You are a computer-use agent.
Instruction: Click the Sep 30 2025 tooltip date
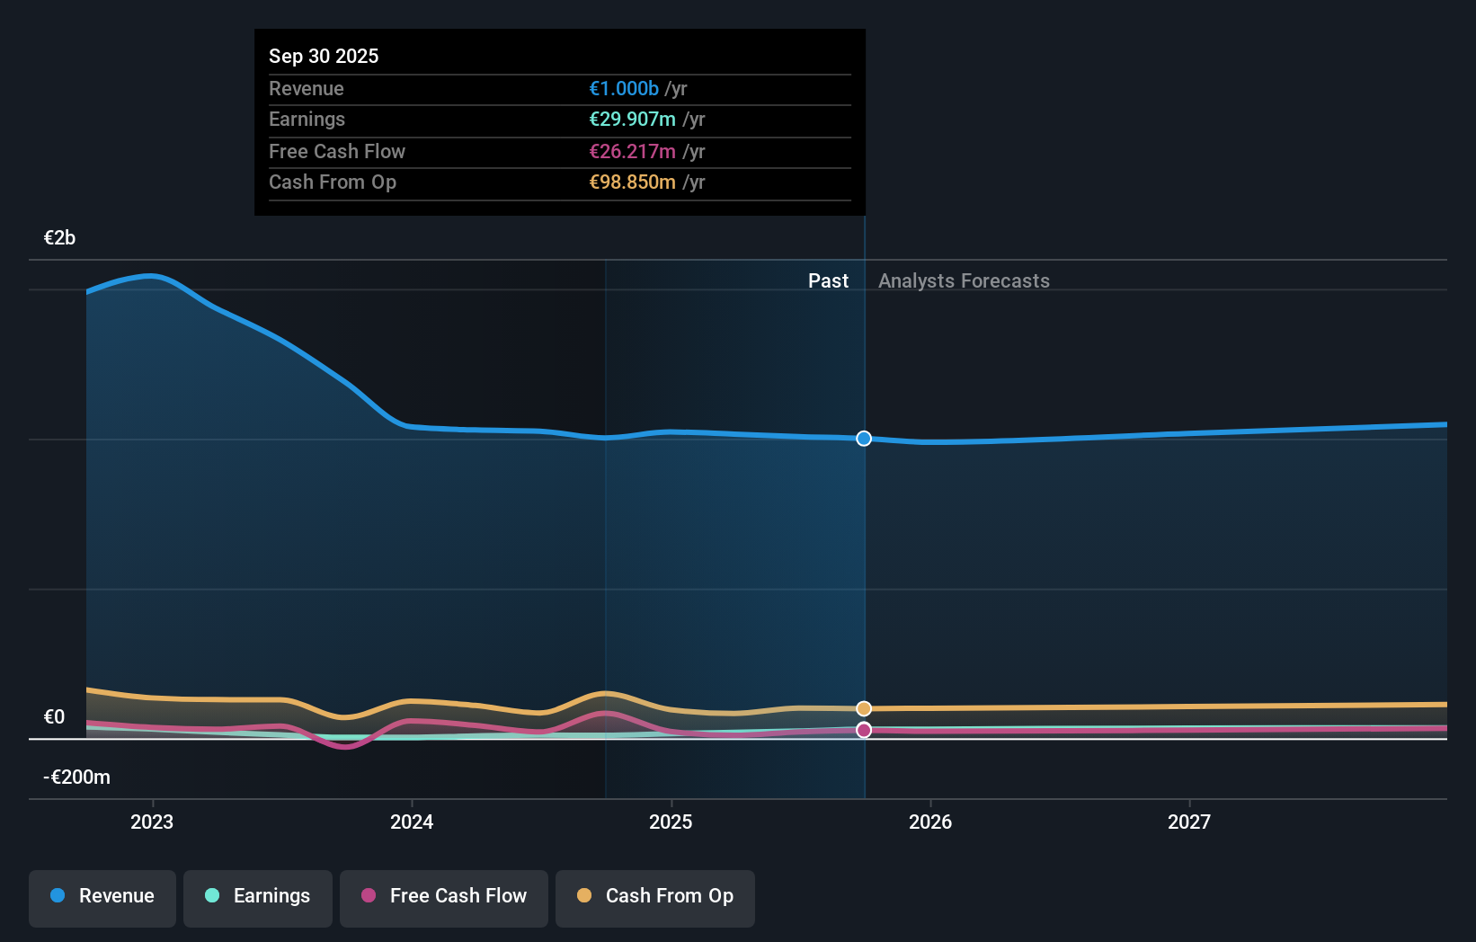[x=324, y=56]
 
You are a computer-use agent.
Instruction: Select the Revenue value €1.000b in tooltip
[x=624, y=88]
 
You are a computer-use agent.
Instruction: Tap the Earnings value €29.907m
[x=632, y=119]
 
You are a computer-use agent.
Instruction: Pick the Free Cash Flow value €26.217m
[x=632, y=151]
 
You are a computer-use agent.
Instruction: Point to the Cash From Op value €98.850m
[x=632, y=182]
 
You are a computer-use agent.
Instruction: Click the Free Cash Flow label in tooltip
[x=337, y=151]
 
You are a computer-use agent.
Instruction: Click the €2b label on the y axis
[x=59, y=237]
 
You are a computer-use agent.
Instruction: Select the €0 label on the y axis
[x=54, y=716]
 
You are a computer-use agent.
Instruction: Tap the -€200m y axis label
[x=77, y=777]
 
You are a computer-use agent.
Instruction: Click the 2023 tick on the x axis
[x=152, y=822]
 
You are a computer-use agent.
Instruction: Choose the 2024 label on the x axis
[x=412, y=822]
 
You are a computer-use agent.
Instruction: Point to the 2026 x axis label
[x=930, y=822]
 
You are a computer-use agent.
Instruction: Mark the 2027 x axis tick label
[x=1189, y=822]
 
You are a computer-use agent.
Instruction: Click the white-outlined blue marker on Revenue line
[x=864, y=439]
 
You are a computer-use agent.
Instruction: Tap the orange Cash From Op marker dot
[x=864, y=708]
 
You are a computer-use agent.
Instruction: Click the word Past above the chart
[x=828, y=280]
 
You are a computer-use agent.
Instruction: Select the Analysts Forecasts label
[x=964, y=280]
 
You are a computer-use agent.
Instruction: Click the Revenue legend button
[x=102, y=896]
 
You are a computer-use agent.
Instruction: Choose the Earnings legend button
[x=258, y=896]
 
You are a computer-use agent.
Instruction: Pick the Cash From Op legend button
[x=655, y=896]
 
